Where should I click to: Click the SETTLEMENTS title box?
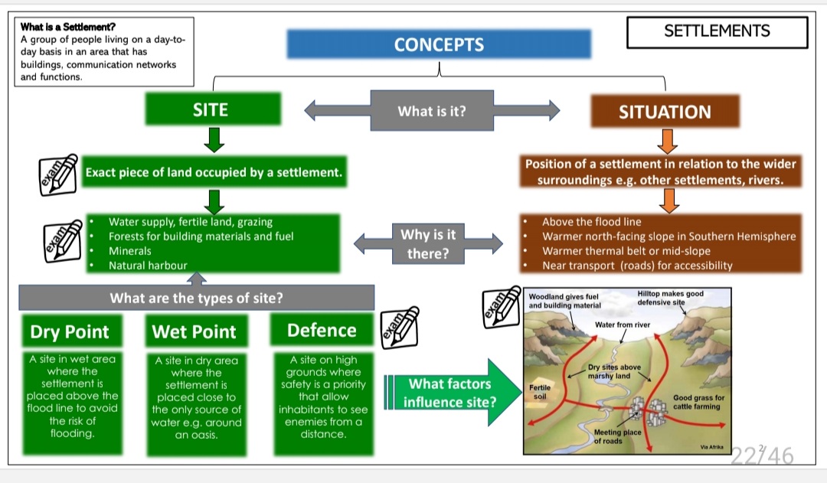pyautogui.click(x=717, y=31)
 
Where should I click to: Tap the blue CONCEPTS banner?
pyautogui.click(x=439, y=44)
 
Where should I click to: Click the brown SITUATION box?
pyautogui.click(x=664, y=112)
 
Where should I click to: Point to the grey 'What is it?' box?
pyautogui.click(x=432, y=111)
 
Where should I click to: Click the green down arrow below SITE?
pyautogui.click(x=215, y=140)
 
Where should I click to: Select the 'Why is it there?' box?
pyautogui.click(x=428, y=243)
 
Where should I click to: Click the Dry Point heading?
pyautogui.click(x=70, y=331)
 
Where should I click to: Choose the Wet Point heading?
pyautogui.click(x=194, y=331)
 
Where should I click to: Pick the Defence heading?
pyautogui.click(x=322, y=330)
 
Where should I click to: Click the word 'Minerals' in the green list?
pyautogui.click(x=130, y=251)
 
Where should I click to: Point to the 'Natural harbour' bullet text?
pyautogui.click(x=148, y=266)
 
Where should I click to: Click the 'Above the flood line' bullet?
pyautogui.click(x=591, y=222)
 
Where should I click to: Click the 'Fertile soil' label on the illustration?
pyautogui.click(x=539, y=393)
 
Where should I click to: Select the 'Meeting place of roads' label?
pyautogui.click(x=617, y=436)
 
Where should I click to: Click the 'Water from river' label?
pyautogui.click(x=622, y=325)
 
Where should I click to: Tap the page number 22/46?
pyautogui.click(x=762, y=456)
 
